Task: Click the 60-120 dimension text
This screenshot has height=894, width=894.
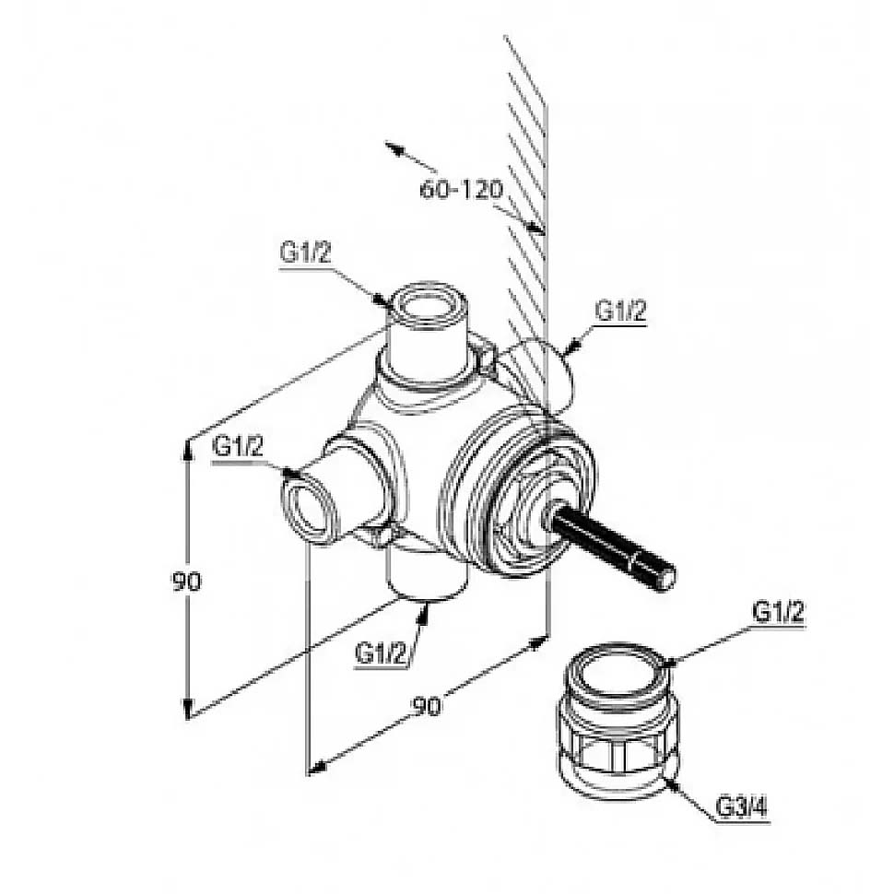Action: point(461,189)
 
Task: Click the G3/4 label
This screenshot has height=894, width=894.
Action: point(742,807)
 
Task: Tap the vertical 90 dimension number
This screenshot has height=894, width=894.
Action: point(187,582)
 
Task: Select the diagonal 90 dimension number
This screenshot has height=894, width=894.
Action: point(427,706)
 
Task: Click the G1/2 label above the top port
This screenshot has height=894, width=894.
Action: point(305,252)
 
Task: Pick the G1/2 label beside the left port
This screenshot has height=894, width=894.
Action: point(238,446)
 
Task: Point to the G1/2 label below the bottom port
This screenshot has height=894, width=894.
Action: point(381,653)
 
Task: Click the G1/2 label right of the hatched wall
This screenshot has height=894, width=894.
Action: point(621,311)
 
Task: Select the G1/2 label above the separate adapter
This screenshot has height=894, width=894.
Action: point(779,612)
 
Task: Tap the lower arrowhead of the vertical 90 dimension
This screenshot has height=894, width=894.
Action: point(188,707)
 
